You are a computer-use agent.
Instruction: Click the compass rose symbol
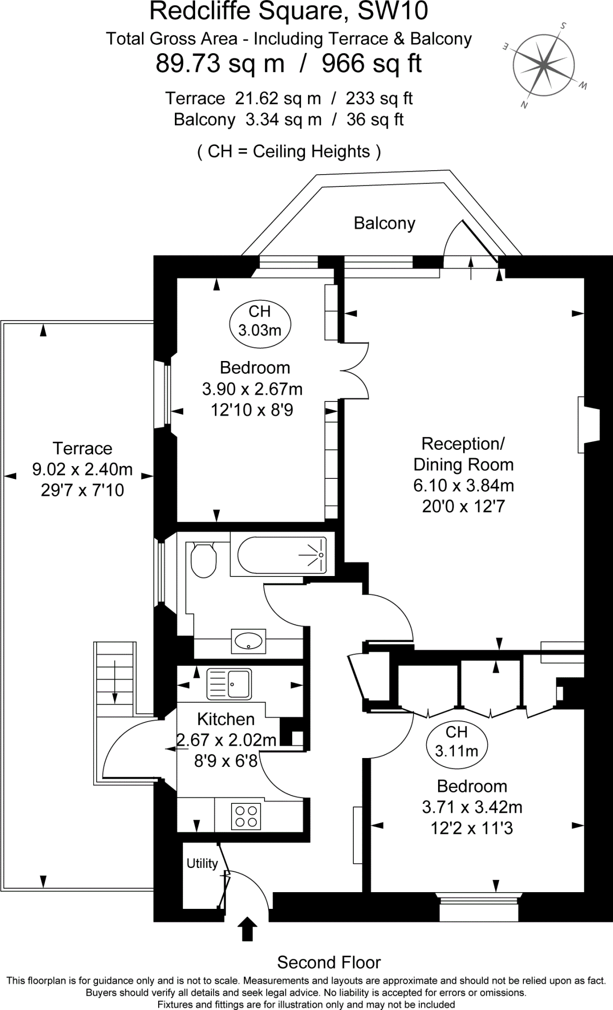click(x=543, y=64)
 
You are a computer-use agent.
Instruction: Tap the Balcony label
click(x=384, y=223)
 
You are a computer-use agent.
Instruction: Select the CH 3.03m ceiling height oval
click(x=260, y=321)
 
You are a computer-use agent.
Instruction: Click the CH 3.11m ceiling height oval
click(x=456, y=741)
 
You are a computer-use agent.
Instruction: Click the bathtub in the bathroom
click(x=282, y=555)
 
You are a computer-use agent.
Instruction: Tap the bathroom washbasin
click(x=248, y=641)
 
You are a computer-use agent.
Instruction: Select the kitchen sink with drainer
click(x=229, y=685)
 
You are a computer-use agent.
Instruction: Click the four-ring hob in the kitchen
click(x=246, y=816)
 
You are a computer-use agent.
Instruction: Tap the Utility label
click(x=202, y=863)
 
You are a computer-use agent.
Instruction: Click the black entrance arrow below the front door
click(x=247, y=929)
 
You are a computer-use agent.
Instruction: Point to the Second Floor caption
click(x=329, y=962)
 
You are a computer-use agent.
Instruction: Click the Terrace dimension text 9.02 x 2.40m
click(x=82, y=469)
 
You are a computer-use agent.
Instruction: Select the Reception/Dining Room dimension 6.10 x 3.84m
click(x=463, y=485)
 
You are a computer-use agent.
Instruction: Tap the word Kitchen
click(x=226, y=719)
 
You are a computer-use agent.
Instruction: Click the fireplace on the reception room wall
click(x=588, y=425)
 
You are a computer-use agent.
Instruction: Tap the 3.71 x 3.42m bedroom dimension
click(x=472, y=807)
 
